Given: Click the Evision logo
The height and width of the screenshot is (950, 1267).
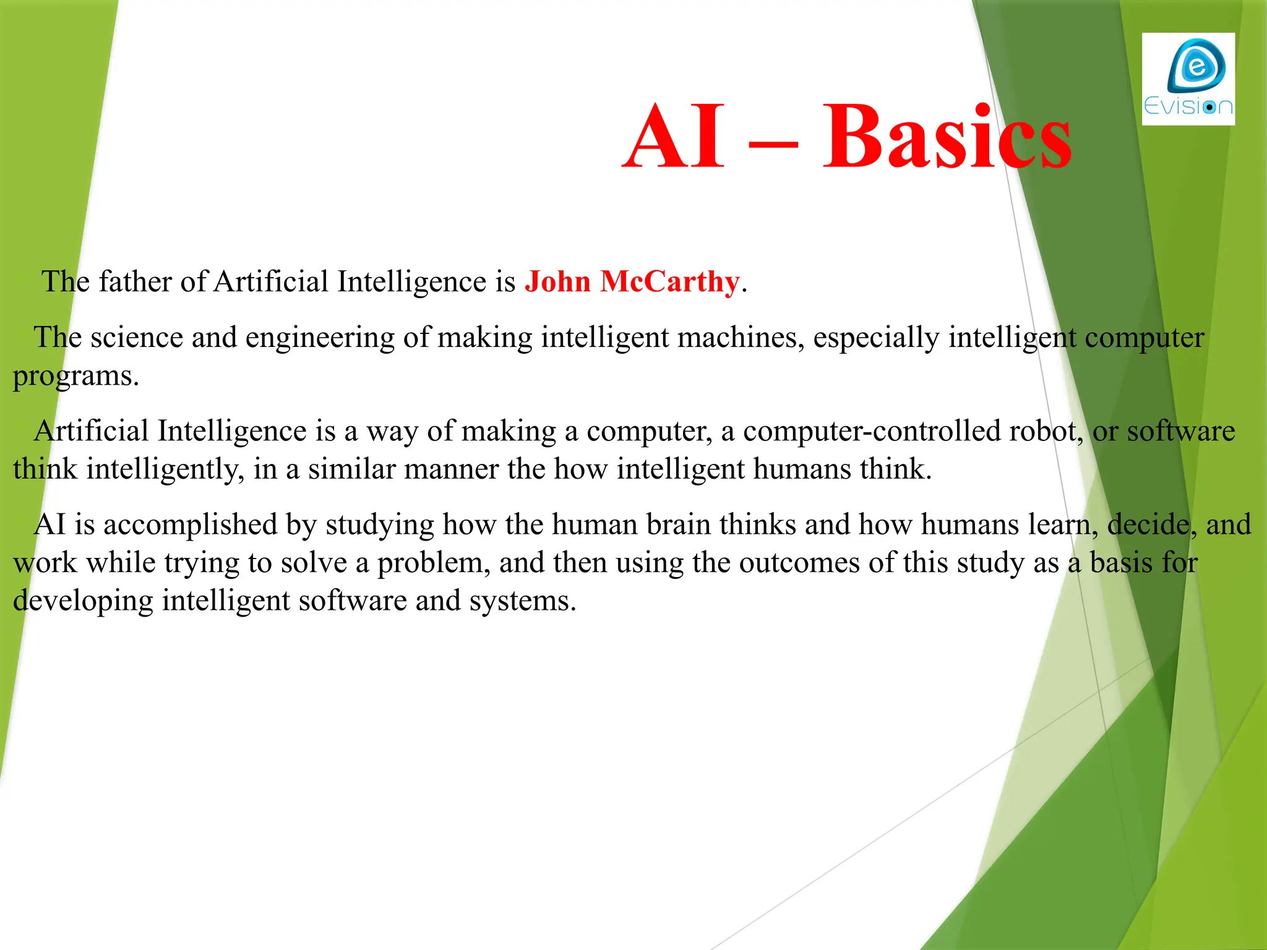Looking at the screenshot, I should [1188, 79].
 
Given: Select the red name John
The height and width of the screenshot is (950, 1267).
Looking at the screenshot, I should [557, 282].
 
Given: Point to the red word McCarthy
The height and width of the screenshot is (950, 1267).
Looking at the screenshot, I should [669, 282].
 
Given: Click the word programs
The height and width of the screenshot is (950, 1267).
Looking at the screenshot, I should [75, 377].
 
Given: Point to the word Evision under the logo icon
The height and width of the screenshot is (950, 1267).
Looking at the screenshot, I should [1188, 107].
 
